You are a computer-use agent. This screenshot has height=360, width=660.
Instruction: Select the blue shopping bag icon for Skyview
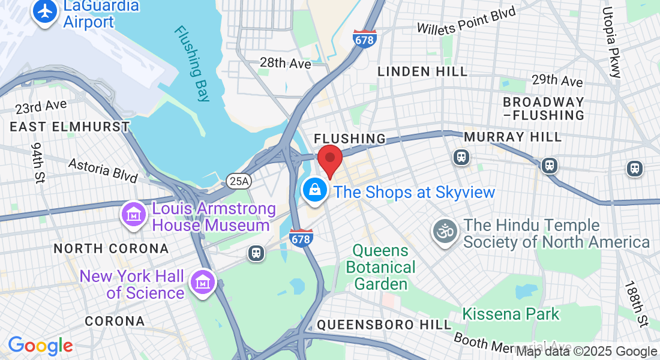[x=314, y=191]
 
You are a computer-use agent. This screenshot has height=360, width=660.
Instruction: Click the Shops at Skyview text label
[x=414, y=193]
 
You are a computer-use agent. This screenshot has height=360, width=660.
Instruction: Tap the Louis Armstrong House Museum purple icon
[x=134, y=214]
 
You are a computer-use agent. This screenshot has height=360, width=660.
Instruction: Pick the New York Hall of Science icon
[x=203, y=282]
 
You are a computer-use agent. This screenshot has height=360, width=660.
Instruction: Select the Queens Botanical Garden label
[x=381, y=267]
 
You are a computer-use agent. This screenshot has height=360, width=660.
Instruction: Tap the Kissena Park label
[x=511, y=314]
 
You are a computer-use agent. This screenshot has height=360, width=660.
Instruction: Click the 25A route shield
[x=235, y=179]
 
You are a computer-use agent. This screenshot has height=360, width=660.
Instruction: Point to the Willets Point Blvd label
[x=466, y=21]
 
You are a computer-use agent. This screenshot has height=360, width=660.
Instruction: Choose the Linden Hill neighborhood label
[x=422, y=71]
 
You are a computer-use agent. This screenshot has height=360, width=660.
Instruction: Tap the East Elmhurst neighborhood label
[x=70, y=127]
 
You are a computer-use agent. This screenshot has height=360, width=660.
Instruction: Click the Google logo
[x=40, y=346]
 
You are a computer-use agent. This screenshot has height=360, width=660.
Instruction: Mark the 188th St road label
[x=637, y=304]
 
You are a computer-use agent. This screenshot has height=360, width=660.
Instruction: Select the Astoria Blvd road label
[x=103, y=170]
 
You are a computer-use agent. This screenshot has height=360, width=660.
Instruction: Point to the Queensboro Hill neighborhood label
[x=384, y=325]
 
